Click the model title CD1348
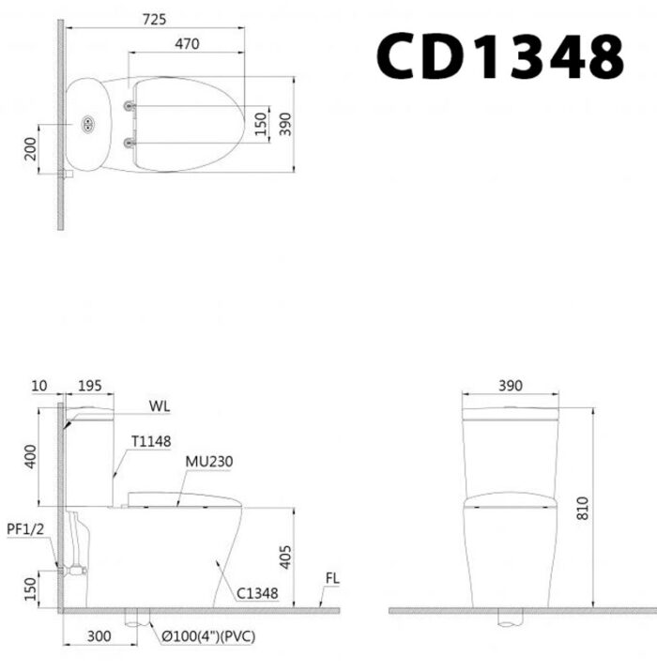coord(499,55)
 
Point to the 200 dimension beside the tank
coord(31,147)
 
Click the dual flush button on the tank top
coord(89,124)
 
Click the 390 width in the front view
coord(511,386)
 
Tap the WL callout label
coord(159,406)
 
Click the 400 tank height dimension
coord(31,458)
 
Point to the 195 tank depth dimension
coord(90,386)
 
